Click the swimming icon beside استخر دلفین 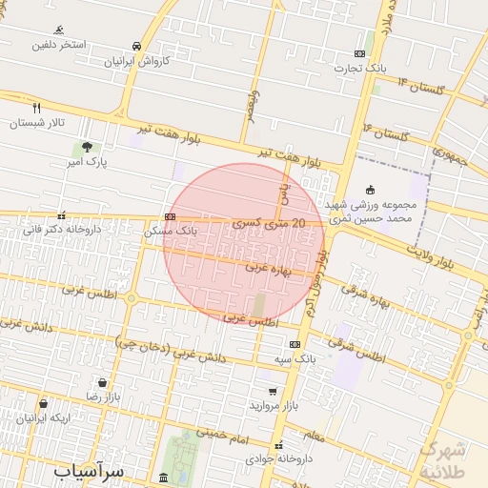pyautogui.click(x=60, y=30)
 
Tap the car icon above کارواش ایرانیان pyautogui.click(x=137, y=46)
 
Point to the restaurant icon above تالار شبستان pyautogui.click(x=37, y=108)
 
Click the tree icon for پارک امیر pyautogui.click(x=87, y=148)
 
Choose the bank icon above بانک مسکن pyautogui.click(x=170, y=216)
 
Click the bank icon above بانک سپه pyautogui.click(x=295, y=344)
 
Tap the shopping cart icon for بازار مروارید pyautogui.click(x=273, y=391)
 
